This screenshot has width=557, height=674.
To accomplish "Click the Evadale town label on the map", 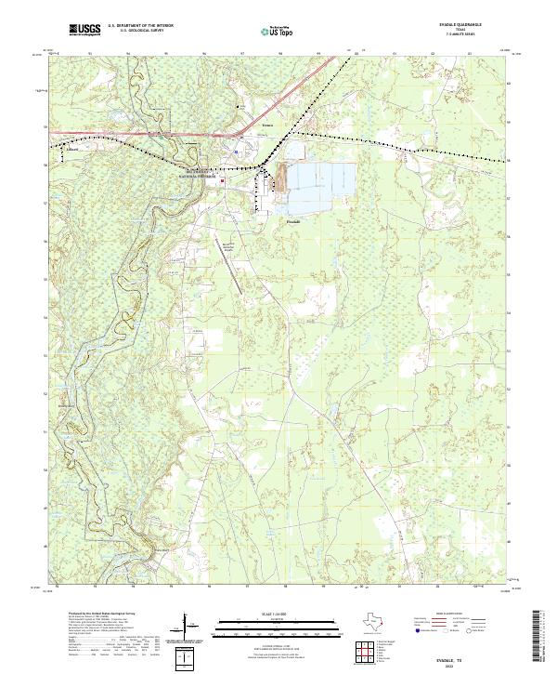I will point(291,222).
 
